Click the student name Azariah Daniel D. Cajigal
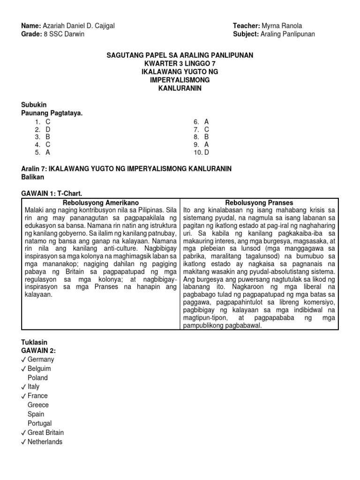[78, 26]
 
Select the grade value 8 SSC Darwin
[63, 34]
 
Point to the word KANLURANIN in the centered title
[180, 89]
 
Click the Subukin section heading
[34, 105]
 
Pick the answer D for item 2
[48, 129]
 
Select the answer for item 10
[206, 152]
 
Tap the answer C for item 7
[206, 129]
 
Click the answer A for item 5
[48, 152]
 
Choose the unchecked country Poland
[37, 378]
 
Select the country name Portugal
[39, 423]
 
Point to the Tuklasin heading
[35, 343]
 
